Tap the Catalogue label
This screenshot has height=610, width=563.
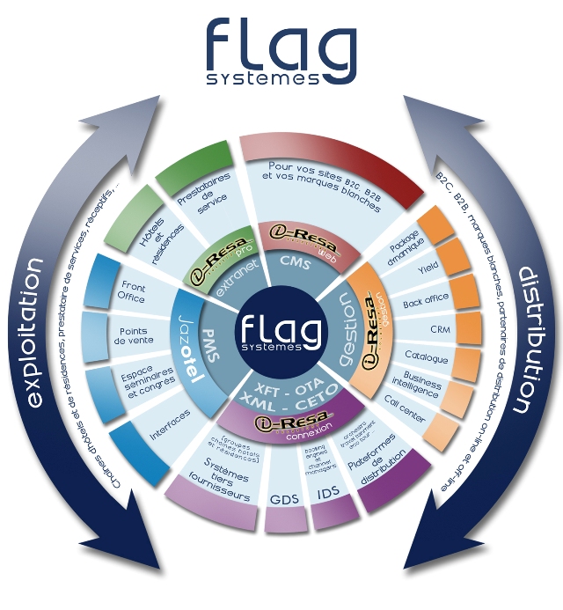[x=426, y=357]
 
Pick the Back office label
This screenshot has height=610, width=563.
[x=425, y=299]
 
